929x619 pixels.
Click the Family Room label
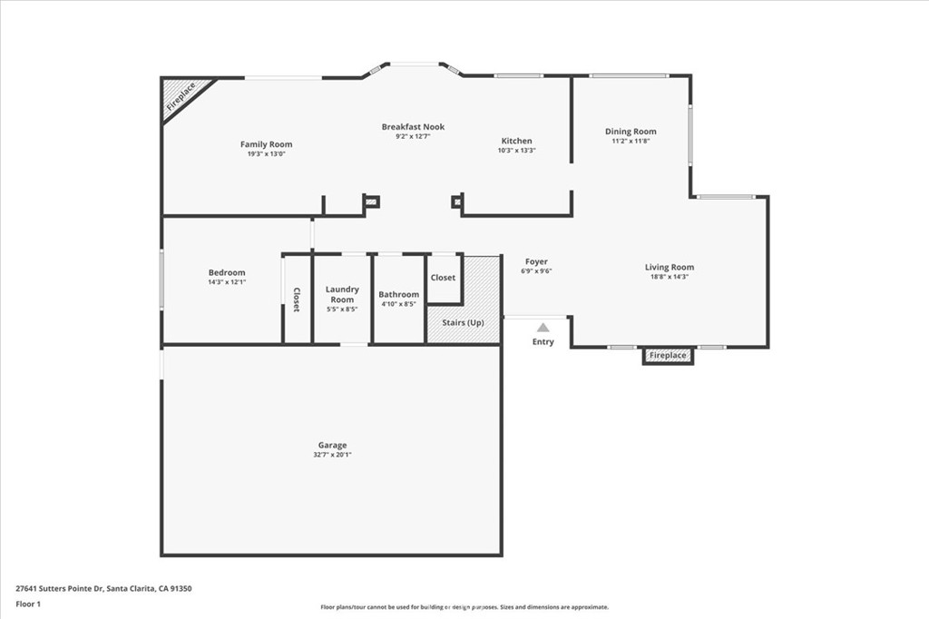pos(266,144)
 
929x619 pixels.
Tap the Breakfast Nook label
pos(413,127)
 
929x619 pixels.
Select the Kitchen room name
pos(517,141)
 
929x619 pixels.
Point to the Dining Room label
pos(631,132)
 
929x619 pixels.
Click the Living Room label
pos(670,267)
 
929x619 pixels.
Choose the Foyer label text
pos(536,261)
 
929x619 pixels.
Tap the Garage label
pos(332,445)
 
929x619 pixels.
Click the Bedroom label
pos(227,272)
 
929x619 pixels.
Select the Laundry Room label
pos(342,294)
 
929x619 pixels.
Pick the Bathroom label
pos(399,294)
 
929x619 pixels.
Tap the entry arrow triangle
pos(543,328)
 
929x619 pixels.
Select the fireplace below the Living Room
pos(668,356)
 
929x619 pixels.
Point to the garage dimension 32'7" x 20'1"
pos(332,455)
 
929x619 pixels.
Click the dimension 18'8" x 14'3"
pos(670,276)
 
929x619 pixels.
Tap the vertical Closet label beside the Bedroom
pos(297,300)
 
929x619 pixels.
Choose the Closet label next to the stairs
pos(444,278)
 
